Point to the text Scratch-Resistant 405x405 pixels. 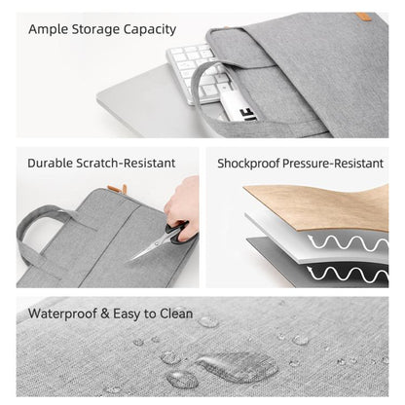click(134, 163)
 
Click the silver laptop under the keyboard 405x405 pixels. click(146, 107)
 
